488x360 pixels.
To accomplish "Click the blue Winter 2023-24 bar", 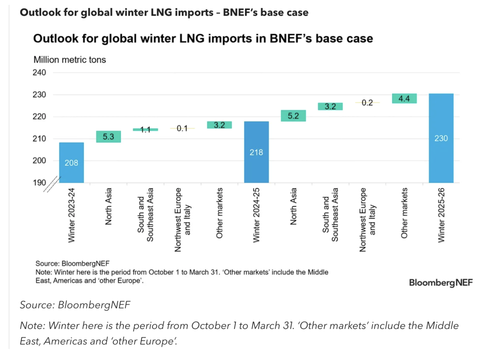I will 71,162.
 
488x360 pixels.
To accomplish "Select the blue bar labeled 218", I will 256,152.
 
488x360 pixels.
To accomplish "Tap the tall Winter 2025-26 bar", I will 441,138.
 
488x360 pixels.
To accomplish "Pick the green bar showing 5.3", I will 109,137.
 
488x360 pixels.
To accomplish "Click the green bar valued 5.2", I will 294,116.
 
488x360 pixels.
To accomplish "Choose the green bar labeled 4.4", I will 404,99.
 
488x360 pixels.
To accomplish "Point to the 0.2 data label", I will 367,102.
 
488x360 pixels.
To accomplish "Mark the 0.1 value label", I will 183,129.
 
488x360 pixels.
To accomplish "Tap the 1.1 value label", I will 145,129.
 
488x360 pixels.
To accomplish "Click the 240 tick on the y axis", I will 40,73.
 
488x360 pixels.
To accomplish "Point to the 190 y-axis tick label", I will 40,182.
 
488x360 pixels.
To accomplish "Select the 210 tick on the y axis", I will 40,139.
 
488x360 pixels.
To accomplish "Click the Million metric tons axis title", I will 70,60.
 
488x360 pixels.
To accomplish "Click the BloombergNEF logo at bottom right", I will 441,282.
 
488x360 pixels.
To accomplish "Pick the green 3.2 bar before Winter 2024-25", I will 219,125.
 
